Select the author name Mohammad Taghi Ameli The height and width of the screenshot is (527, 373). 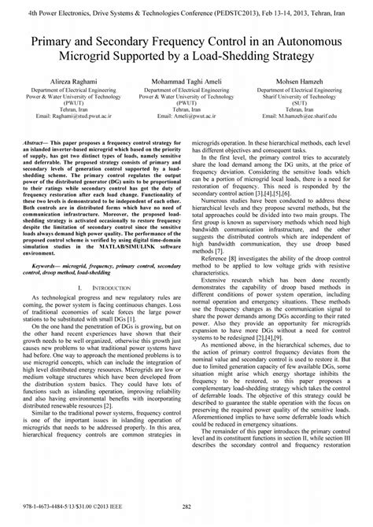pos(186,81)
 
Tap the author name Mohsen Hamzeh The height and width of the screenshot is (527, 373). pos(308,81)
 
